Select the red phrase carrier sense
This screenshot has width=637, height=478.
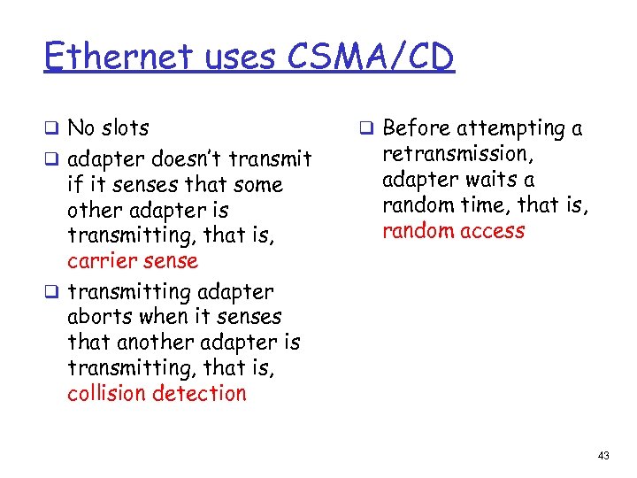pyautogui.click(x=133, y=261)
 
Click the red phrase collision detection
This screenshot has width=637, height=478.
pyautogui.click(x=157, y=394)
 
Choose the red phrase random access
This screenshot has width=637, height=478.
pyautogui.click(x=453, y=231)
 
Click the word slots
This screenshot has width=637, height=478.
pyautogui.click(x=124, y=128)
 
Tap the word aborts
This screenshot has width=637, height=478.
pyautogui.click(x=96, y=317)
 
